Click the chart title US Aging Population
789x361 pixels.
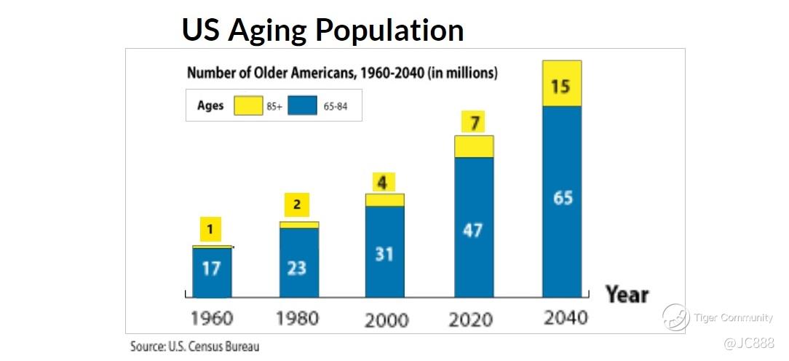pos(322,30)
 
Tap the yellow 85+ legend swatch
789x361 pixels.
pos(247,106)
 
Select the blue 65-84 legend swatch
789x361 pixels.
pos(302,106)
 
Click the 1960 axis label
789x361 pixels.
pos(212,318)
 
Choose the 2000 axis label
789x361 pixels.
pos(386,320)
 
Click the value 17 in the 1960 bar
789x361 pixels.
pos(211,269)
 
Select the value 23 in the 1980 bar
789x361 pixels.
pos(297,268)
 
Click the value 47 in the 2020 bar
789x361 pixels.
pos(474,230)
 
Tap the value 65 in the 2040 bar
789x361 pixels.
pos(563,197)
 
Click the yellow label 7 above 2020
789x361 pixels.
pos(475,123)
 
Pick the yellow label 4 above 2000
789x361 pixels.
pos(382,182)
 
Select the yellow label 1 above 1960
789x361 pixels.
pos(210,231)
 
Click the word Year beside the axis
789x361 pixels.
pos(627,295)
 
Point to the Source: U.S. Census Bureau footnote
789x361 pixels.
pos(194,346)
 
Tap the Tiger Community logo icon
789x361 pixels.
pos(675,317)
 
